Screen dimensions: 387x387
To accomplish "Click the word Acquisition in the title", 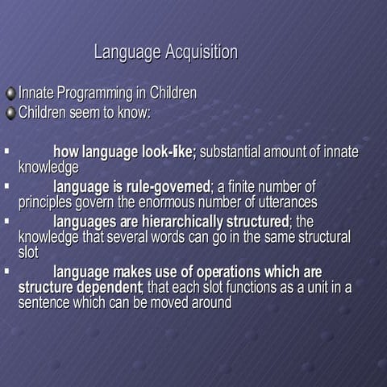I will click(201, 53).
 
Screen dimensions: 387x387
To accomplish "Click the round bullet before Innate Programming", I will click(10, 94).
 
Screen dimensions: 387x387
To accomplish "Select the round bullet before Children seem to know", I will click(10, 113).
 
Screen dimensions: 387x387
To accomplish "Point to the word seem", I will click(85, 113).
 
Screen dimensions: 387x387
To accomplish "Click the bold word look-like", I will click(169, 152).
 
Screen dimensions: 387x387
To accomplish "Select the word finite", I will click(246, 186).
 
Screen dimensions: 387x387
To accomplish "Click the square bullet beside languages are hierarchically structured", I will click(6, 219).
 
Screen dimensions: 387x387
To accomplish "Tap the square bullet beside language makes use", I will click(6, 271).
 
